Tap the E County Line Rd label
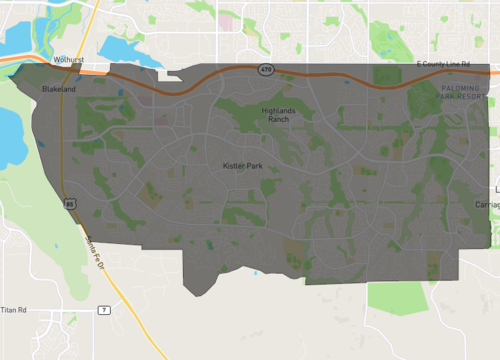point(442,64)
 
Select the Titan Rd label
point(13,310)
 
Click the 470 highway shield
point(265,70)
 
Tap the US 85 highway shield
point(70,203)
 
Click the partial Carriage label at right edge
point(488,204)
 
